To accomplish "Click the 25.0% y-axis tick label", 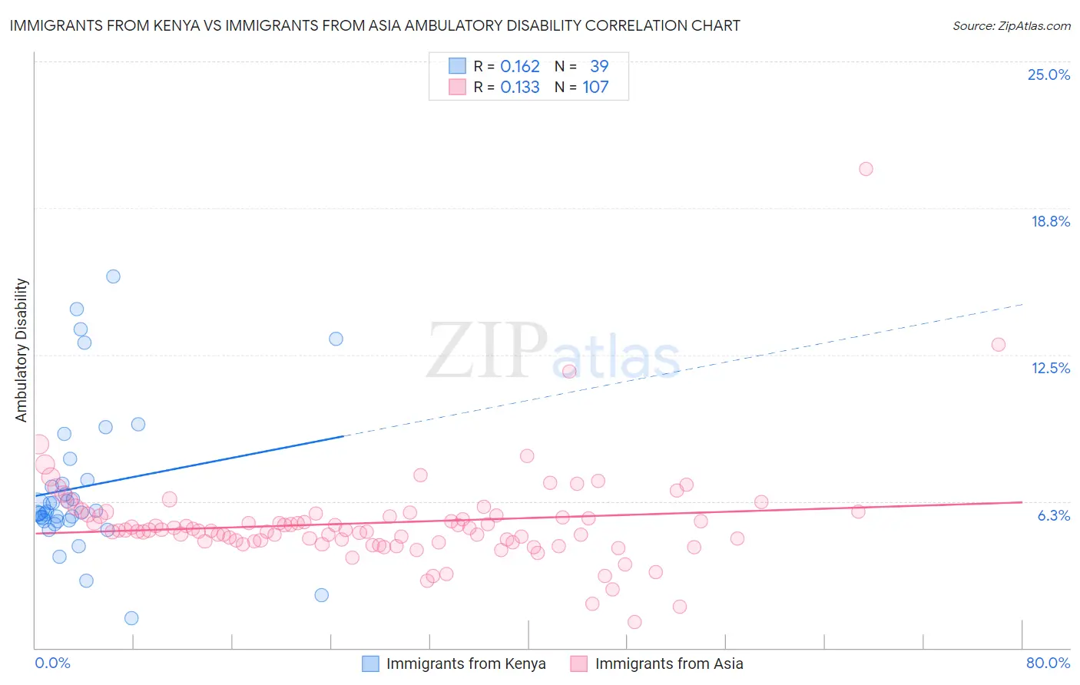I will (x=1049, y=74).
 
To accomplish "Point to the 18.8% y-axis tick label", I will (x=1050, y=221).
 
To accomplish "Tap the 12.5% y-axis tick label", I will (x=1050, y=368).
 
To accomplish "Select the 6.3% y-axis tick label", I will (x=1053, y=515).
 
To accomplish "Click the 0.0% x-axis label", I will (x=52, y=663).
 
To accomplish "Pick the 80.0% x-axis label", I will (x=1048, y=663).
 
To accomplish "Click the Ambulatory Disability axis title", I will (x=22, y=350).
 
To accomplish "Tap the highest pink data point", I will (x=866, y=169).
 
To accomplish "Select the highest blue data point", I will (x=113, y=276).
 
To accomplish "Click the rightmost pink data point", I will (x=998, y=345).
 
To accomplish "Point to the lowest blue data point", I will (x=131, y=618).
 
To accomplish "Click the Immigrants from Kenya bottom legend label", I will (x=465, y=663).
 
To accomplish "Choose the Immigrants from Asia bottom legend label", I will (x=669, y=663).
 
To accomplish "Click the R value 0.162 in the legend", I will (x=520, y=66).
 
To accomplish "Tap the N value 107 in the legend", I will (x=595, y=87).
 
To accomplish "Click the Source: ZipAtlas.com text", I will (x=1011, y=26).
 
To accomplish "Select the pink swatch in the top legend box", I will (x=457, y=87).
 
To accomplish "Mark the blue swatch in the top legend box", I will (x=457, y=66).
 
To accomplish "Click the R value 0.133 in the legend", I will (x=520, y=87).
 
